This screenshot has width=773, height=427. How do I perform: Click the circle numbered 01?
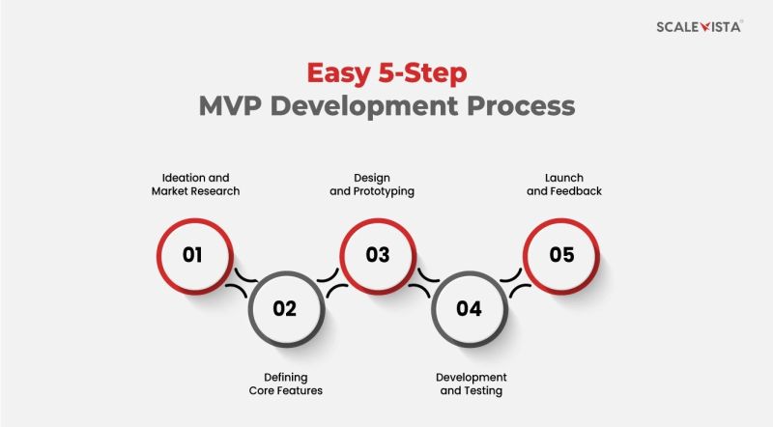[192, 255]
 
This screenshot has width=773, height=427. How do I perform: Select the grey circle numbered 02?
[284, 309]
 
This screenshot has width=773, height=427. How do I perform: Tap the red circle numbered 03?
[377, 255]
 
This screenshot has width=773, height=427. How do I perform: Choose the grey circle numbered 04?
[469, 309]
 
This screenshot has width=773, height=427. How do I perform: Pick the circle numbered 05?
[561, 255]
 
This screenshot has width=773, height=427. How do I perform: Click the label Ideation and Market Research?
[195, 184]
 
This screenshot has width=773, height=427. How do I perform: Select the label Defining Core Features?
[285, 384]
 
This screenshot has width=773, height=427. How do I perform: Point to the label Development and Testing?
[472, 384]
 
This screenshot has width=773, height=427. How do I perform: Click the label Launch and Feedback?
[564, 184]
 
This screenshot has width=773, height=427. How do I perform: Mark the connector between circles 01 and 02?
[239, 282]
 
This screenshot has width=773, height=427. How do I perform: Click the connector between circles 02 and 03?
[330, 282]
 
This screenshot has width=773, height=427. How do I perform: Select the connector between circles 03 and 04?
[422, 282]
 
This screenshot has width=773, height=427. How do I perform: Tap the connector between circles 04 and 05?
[515, 282]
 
